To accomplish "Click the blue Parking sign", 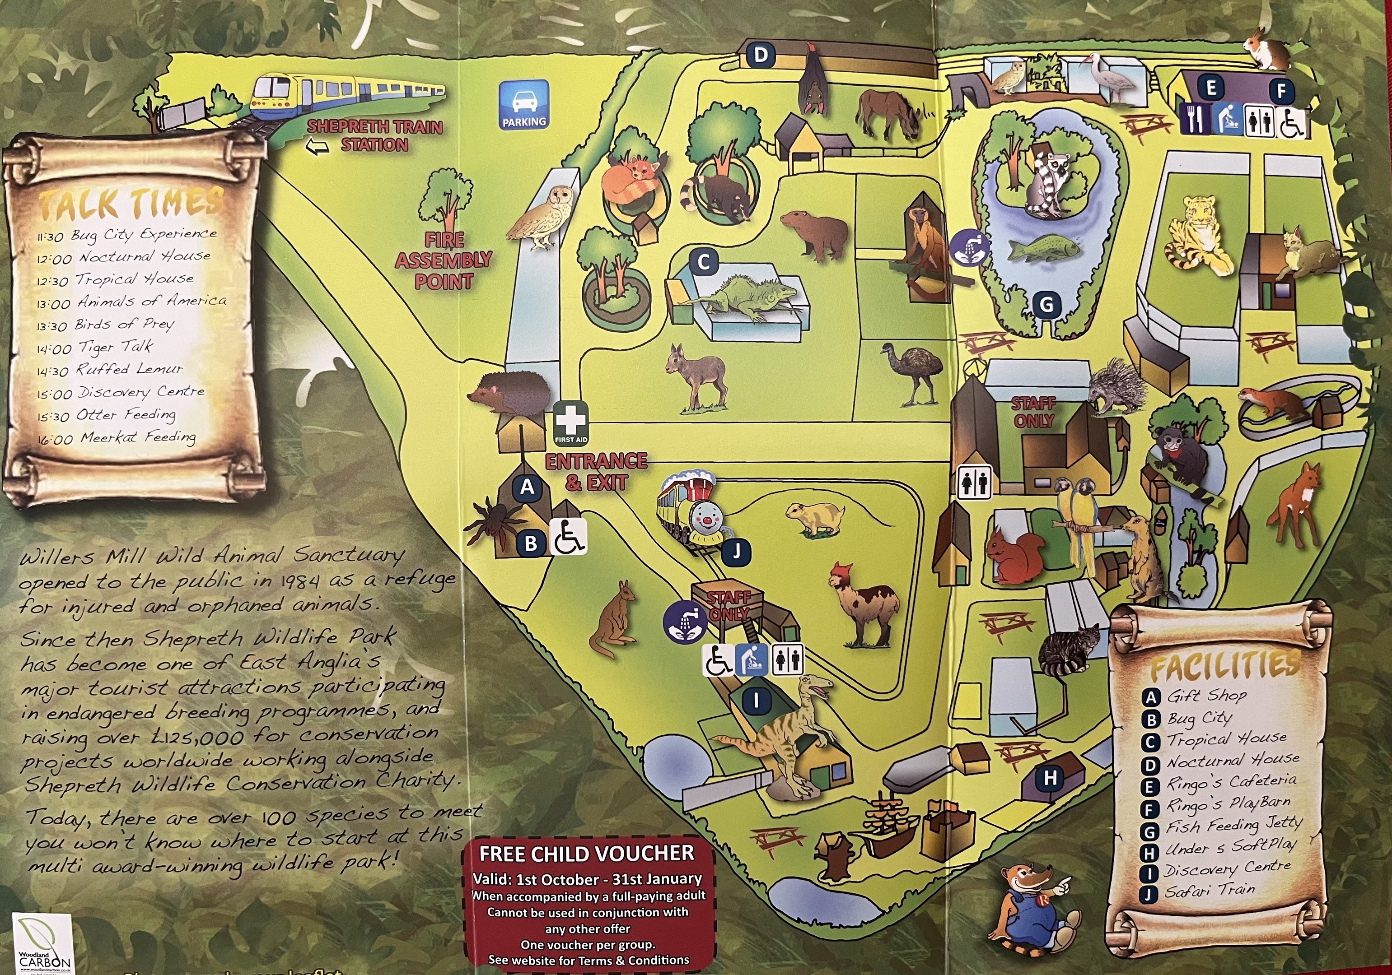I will click(524, 105).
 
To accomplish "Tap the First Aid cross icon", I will click(570, 422).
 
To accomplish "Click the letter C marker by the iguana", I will click(703, 262).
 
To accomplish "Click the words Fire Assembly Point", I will click(444, 260).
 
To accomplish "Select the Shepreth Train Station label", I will click(375, 136).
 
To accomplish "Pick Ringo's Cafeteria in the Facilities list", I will click(1231, 782).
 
